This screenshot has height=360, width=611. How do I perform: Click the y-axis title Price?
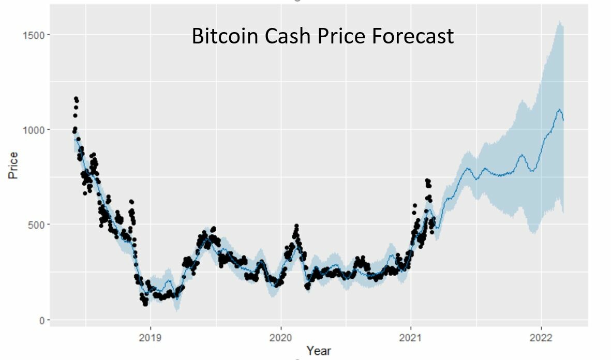click(x=13, y=166)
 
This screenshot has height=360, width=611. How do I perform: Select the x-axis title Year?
click(x=318, y=351)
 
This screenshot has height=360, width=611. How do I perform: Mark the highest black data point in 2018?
click(x=76, y=98)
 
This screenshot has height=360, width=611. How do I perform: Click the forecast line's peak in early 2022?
click(x=559, y=109)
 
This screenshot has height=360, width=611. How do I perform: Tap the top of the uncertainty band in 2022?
click(x=559, y=21)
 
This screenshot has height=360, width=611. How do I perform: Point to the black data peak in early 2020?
click(x=296, y=226)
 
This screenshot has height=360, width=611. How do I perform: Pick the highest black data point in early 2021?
click(x=427, y=180)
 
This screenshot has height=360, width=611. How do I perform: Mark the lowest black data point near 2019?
click(x=145, y=304)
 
